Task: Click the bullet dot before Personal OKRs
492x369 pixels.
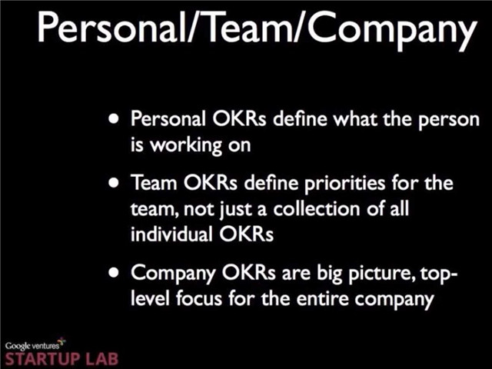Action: tap(114, 119)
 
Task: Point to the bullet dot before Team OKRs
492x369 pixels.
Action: tap(114, 182)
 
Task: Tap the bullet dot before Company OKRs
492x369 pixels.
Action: tap(114, 272)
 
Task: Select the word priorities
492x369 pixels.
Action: tap(344, 184)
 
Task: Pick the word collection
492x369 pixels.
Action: tap(316, 208)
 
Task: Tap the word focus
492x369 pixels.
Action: tap(199, 298)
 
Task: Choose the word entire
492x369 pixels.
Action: tap(323, 298)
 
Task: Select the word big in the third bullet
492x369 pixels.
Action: tap(329, 274)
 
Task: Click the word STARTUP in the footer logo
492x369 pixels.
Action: tap(42, 359)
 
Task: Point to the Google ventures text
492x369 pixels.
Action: tap(32, 346)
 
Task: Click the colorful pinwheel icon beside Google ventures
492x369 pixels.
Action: tap(62, 341)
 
